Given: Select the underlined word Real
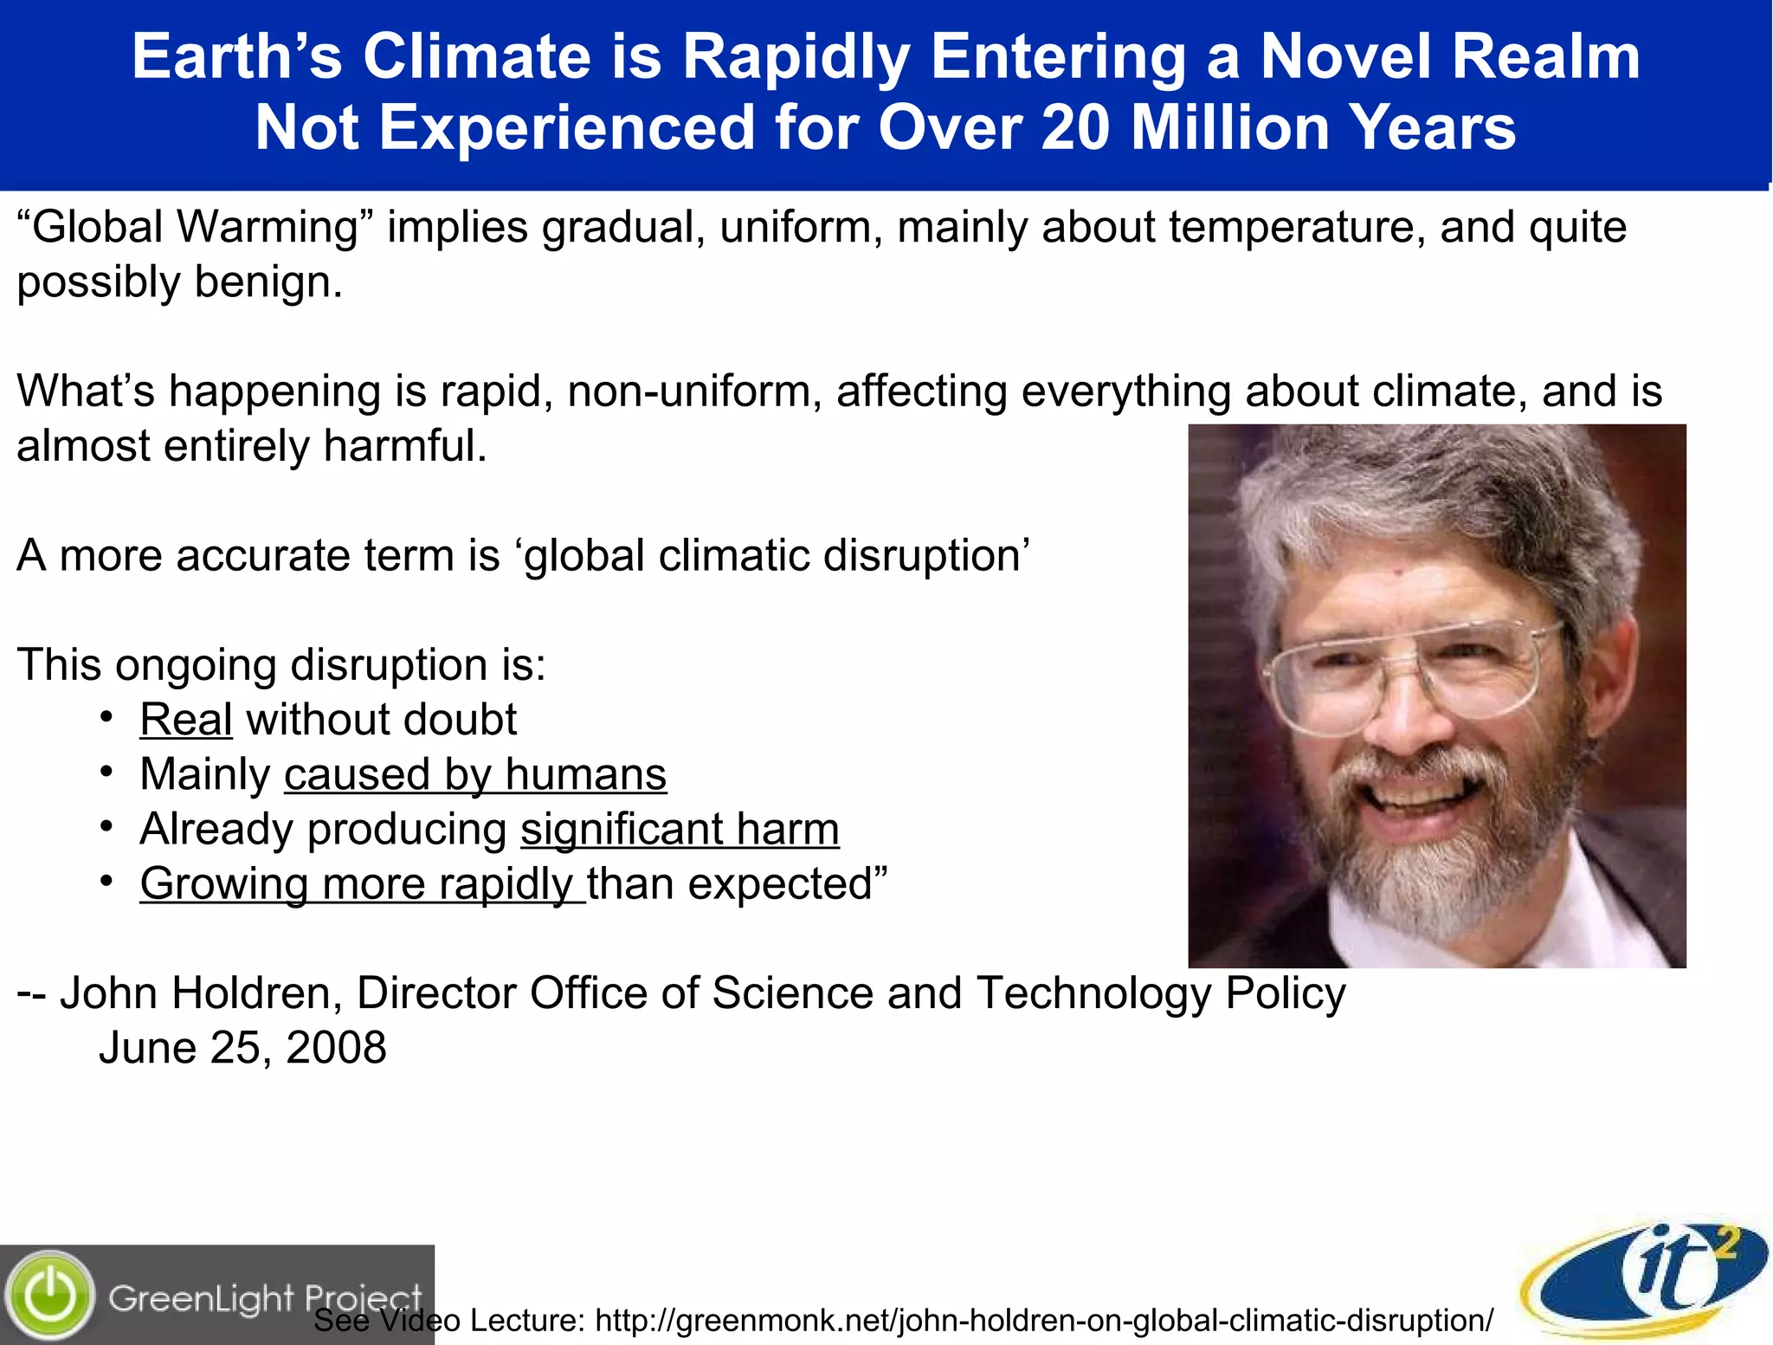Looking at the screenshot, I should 186,720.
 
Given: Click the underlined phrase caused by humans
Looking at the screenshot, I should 475,774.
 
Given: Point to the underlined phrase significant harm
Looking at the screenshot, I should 680,830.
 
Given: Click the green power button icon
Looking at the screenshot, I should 50,1296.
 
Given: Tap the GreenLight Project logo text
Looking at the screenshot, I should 264,1297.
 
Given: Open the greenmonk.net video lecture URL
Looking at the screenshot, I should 1044,1321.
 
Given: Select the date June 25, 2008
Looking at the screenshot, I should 242,1048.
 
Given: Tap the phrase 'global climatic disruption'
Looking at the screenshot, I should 777,555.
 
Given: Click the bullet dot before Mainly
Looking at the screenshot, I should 106,772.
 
